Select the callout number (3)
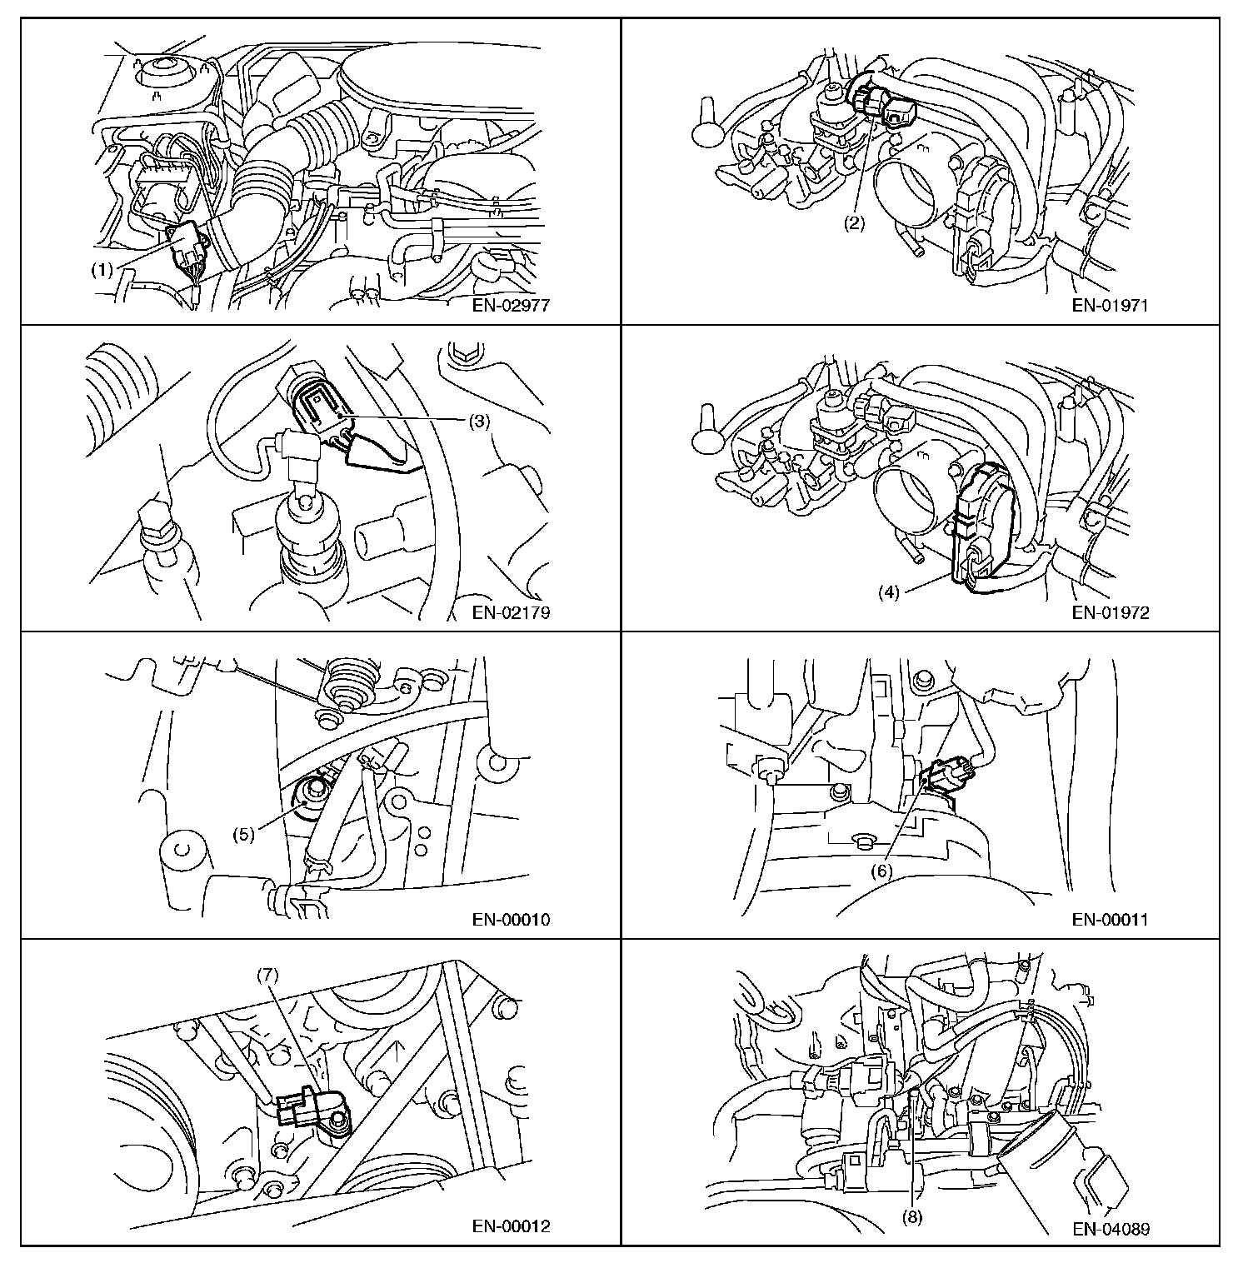point(478,421)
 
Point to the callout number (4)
point(889,593)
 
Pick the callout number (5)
point(243,834)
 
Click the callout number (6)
point(881,870)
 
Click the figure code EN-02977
point(512,305)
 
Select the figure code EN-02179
point(512,613)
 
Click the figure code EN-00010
point(512,920)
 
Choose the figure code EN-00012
point(512,1226)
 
